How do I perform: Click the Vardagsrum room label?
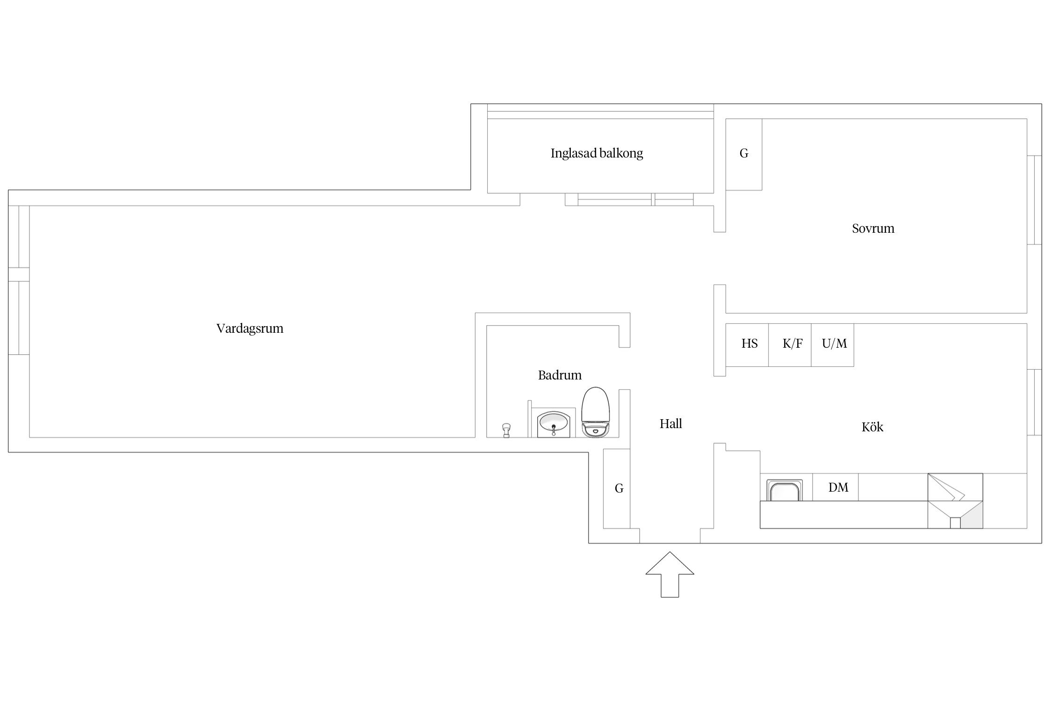250,329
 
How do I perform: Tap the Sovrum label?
873,229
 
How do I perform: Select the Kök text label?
872,427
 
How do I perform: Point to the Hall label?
670,424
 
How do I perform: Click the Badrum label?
560,375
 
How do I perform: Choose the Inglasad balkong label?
597,153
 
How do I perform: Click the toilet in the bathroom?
596,412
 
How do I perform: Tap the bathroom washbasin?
554,424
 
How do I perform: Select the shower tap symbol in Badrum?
506,430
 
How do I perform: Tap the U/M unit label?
834,344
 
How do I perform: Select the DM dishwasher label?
838,487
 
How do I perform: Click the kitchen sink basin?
785,490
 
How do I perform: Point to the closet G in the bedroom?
744,155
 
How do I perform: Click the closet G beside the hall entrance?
617,488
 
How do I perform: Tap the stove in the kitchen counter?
955,501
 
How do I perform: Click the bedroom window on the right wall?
1034,200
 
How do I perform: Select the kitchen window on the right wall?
1034,402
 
